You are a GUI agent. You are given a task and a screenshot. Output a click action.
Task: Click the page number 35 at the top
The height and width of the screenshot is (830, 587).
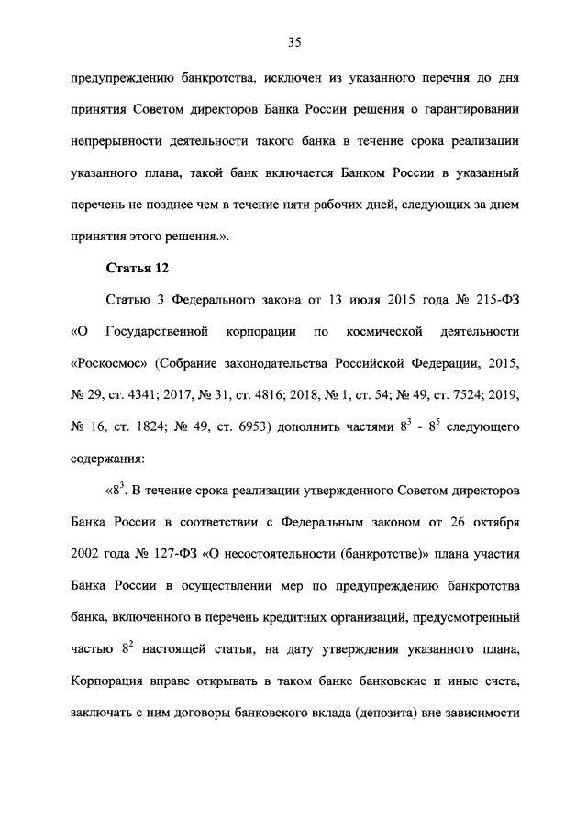point(294,41)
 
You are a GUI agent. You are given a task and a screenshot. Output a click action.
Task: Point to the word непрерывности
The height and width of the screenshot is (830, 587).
point(115,142)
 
